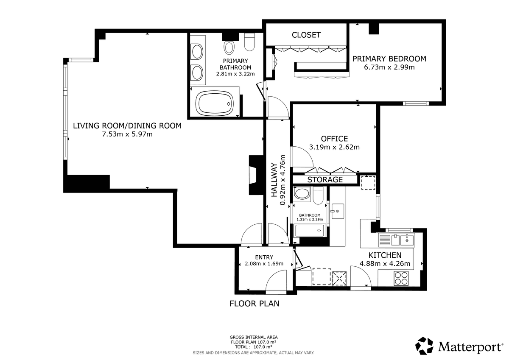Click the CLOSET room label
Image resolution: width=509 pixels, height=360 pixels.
tap(306, 35)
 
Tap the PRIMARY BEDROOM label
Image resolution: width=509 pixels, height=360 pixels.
tap(389, 59)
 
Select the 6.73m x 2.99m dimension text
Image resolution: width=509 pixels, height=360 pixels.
tap(389, 67)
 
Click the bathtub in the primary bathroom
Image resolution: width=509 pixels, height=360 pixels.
tap(215, 103)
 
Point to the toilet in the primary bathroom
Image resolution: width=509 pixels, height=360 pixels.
tap(249, 42)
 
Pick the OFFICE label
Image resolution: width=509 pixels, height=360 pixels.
tap(334, 139)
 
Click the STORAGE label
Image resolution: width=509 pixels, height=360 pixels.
tap(325, 180)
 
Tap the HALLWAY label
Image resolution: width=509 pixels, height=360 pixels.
tap(274, 180)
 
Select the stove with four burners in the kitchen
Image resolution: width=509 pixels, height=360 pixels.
tap(401, 278)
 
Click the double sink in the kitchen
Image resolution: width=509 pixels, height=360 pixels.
tap(397, 240)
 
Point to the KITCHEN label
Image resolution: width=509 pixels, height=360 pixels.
tap(385, 255)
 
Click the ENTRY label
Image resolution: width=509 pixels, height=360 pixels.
tap(264, 257)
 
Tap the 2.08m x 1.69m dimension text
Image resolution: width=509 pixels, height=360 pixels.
tap(264, 264)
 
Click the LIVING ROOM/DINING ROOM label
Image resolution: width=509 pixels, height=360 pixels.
tap(127, 126)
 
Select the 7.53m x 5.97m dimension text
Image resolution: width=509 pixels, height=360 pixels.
tap(127, 134)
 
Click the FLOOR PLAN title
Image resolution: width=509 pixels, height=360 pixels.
tap(254, 304)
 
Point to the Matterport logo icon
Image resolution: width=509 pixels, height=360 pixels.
tap(424, 346)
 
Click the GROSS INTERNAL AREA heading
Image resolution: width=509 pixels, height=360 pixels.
tap(254, 337)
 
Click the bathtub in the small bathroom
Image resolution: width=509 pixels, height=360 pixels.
tap(310, 230)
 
